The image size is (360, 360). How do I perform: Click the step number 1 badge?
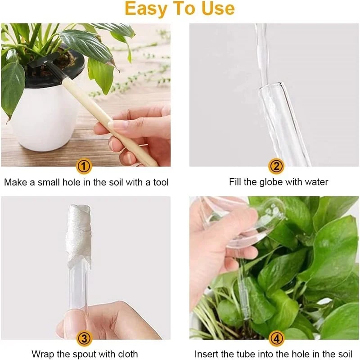click(84, 167)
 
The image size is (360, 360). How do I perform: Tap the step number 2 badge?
click(276, 167)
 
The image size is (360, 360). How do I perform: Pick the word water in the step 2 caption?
click(315, 182)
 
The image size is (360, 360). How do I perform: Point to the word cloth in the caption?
click(126, 354)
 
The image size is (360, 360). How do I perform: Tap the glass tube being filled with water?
click(283, 121)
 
